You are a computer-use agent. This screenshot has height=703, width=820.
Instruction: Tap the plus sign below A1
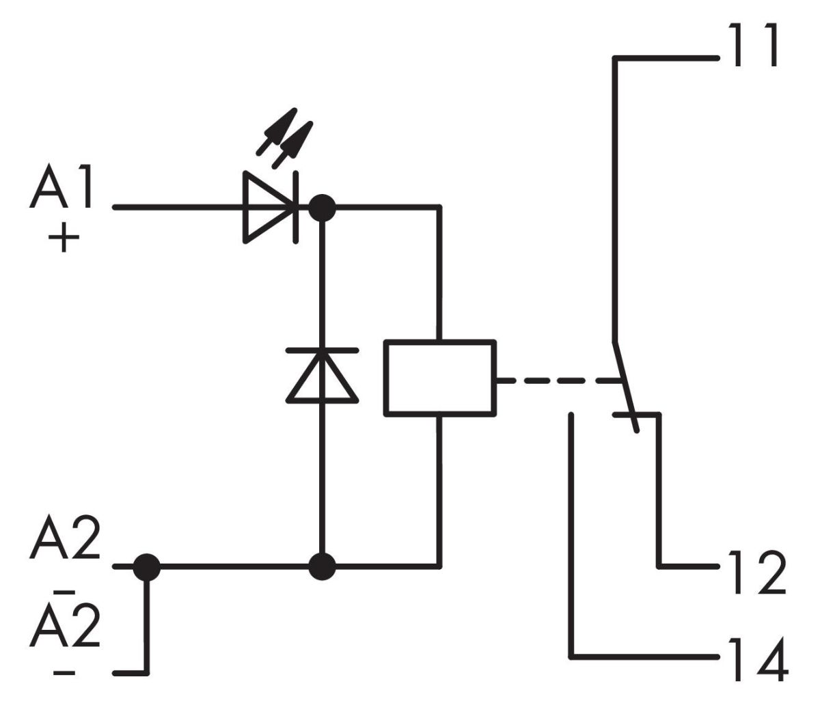[x=64, y=240]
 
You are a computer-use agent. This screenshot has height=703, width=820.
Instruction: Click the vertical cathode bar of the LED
[x=296, y=206]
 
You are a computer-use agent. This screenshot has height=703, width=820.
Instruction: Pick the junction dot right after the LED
[x=322, y=206]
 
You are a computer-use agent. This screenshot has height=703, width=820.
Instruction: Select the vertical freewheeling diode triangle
[x=322, y=376]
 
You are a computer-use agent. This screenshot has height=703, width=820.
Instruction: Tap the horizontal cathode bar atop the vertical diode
[x=322, y=350]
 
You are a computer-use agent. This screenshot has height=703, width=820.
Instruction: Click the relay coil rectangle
[x=440, y=377]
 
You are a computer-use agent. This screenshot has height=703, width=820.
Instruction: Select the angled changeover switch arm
[x=625, y=386]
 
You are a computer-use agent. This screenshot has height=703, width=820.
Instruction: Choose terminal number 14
[x=756, y=659]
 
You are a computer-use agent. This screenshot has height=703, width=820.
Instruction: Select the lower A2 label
[x=65, y=625]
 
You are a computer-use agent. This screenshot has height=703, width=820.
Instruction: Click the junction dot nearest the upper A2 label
[x=146, y=566]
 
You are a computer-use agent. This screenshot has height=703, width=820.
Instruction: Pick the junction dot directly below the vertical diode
[x=322, y=566]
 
